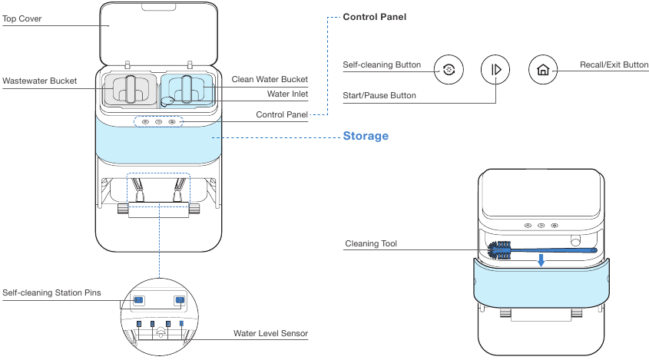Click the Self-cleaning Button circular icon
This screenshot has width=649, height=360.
coord(449,70)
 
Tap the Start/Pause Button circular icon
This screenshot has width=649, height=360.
coord(495,70)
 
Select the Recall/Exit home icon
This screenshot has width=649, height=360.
coord(543,70)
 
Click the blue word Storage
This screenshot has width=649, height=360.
coord(365,137)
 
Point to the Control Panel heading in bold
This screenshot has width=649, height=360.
coord(375,16)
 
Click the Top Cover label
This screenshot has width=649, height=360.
coord(22,18)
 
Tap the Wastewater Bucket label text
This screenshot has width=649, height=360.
coord(39,81)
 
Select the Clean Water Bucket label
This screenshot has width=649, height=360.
coord(270,80)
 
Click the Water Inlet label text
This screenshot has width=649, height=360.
coord(287,94)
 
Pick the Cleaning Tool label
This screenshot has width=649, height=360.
coord(371,244)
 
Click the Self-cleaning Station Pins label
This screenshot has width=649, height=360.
coord(51,292)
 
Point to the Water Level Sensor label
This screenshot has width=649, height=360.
coord(270,334)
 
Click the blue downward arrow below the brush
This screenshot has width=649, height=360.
coord(541,262)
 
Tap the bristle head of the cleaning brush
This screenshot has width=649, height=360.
coord(502,249)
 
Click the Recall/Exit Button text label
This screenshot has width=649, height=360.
coord(614,65)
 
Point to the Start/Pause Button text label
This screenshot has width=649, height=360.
coord(379,96)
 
